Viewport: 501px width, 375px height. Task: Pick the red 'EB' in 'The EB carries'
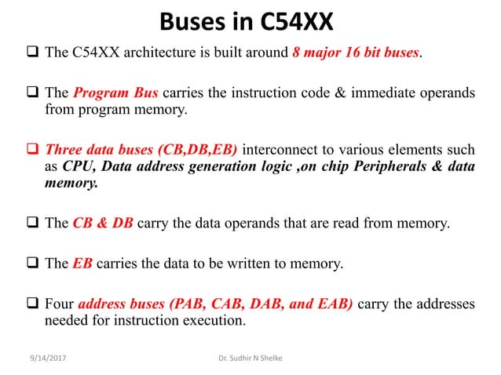(x=82, y=263)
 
